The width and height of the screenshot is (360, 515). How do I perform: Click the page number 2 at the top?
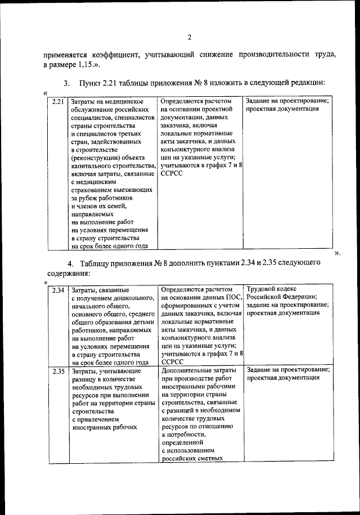[x=190, y=38]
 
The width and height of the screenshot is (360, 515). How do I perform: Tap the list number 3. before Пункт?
[x=66, y=84]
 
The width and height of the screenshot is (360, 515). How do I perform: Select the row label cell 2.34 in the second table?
[x=57, y=290]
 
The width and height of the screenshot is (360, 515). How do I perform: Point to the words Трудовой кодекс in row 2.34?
[x=272, y=289]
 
